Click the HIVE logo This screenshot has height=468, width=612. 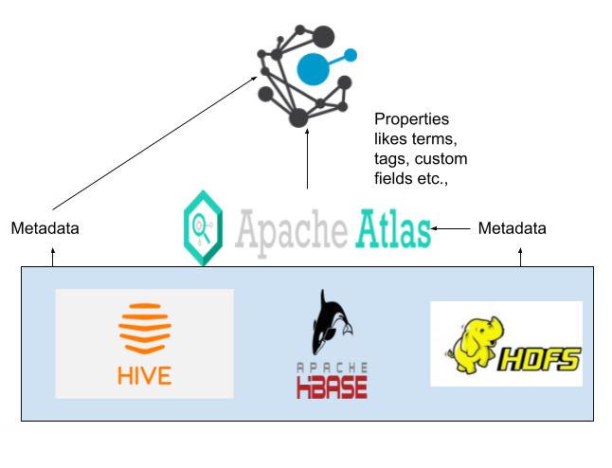144,343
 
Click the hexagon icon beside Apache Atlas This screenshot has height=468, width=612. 204,227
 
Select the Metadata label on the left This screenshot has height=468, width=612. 45,228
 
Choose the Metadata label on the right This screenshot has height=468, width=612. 513,228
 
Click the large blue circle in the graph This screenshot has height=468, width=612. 314,68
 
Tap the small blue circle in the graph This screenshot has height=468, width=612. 351,54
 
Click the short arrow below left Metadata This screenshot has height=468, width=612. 53,257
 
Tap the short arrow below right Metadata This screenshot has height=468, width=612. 520,257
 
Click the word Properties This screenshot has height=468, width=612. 411,119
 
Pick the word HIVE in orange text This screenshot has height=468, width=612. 145,375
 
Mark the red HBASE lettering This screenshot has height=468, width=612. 331,386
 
